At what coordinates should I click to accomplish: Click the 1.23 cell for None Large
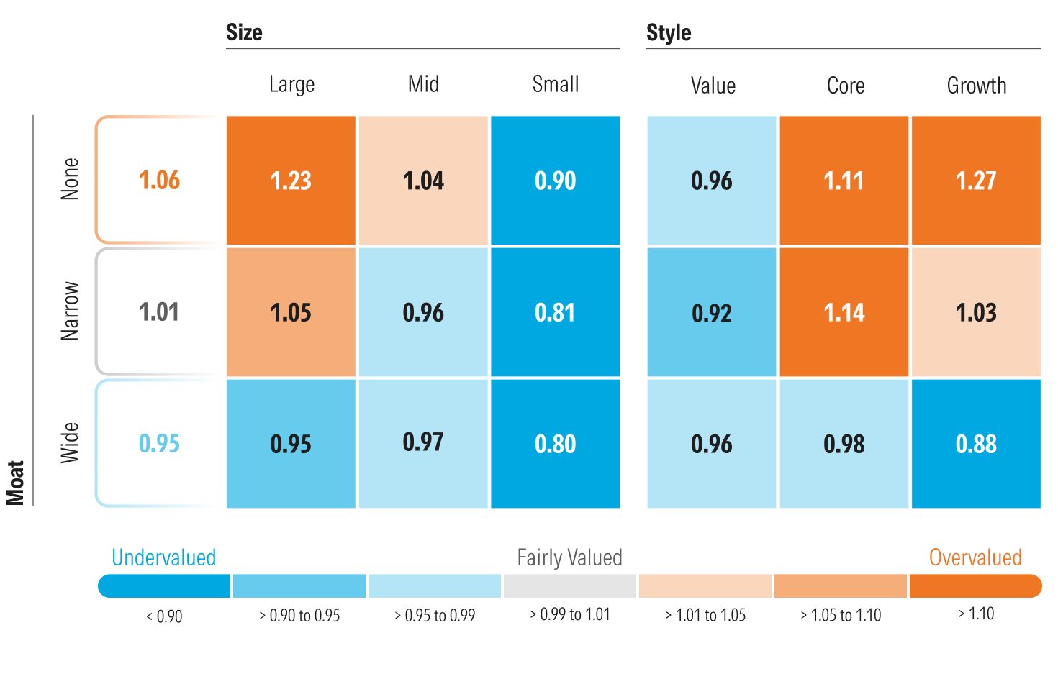coord(291,181)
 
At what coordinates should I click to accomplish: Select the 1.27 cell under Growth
coord(976,181)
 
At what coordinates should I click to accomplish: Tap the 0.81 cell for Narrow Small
coord(555,312)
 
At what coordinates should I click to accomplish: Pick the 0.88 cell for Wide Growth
coord(976,444)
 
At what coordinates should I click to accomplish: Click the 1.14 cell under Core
coord(844,312)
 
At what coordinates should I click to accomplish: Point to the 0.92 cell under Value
coord(711,312)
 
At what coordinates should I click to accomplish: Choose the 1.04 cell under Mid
coord(423,181)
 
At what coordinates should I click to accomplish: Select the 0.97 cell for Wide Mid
coord(423,442)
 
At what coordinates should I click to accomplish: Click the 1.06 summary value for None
coord(159,181)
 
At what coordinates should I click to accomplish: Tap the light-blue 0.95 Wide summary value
coord(159,444)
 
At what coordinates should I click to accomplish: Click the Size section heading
coord(244,32)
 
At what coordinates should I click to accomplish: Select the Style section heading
coord(669,32)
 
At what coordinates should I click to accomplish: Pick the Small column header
coord(555,84)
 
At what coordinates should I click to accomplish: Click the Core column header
coord(845,86)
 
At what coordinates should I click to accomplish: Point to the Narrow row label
coord(70,311)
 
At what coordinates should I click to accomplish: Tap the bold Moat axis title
coord(15,483)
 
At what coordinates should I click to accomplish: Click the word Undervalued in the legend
coord(163,557)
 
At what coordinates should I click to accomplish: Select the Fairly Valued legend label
coord(569,557)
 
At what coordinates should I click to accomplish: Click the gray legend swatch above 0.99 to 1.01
coord(569,585)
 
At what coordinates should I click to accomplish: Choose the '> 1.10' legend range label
coord(976,614)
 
